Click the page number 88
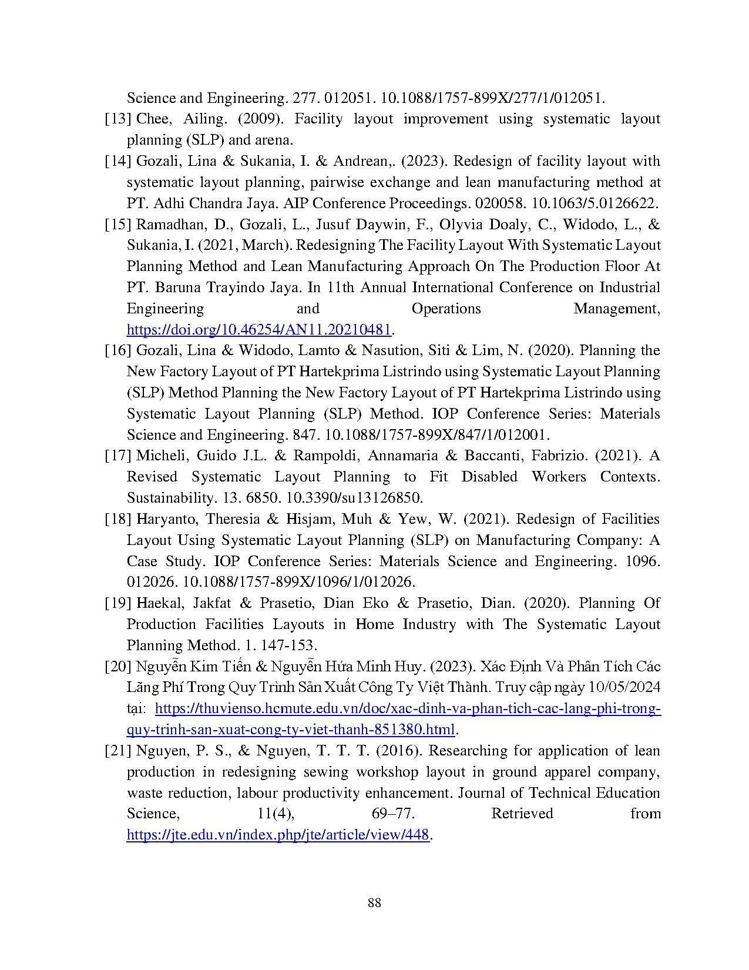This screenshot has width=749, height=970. pyautogui.click(x=374, y=902)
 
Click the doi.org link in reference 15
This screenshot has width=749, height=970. pyautogui.click(x=259, y=330)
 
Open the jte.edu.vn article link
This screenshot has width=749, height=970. pyautogui.click(x=278, y=835)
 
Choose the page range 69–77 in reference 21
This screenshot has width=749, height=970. pyautogui.click(x=385, y=814)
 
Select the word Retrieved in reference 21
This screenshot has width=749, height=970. pyautogui.click(x=522, y=814)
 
